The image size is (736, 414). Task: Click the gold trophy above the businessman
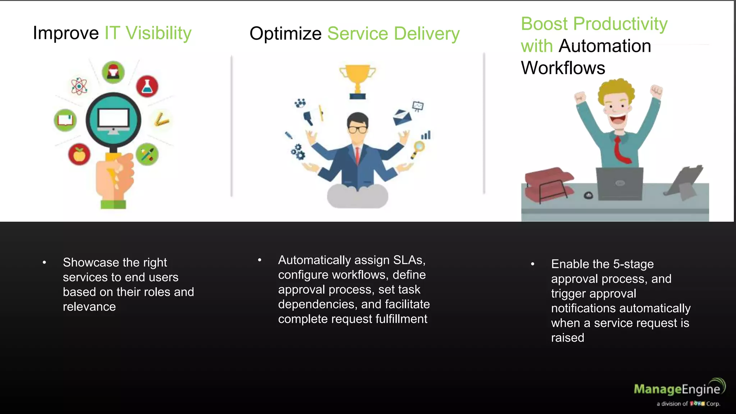click(357, 80)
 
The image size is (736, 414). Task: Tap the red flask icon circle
click(147, 86)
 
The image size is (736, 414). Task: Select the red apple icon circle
click(79, 155)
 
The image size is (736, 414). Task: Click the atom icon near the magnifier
click(79, 86)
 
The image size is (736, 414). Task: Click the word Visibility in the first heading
click(158, 33)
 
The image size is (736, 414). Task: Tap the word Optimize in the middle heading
click(285, 34)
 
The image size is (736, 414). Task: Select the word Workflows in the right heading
click(563, 68)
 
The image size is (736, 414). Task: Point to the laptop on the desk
click(620, 183)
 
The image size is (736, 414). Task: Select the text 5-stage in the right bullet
click(633, 264)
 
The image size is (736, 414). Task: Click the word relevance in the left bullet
click(89, 307)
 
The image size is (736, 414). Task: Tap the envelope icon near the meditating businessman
click(402, 117)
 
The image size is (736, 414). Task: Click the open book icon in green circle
click(65, 120)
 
